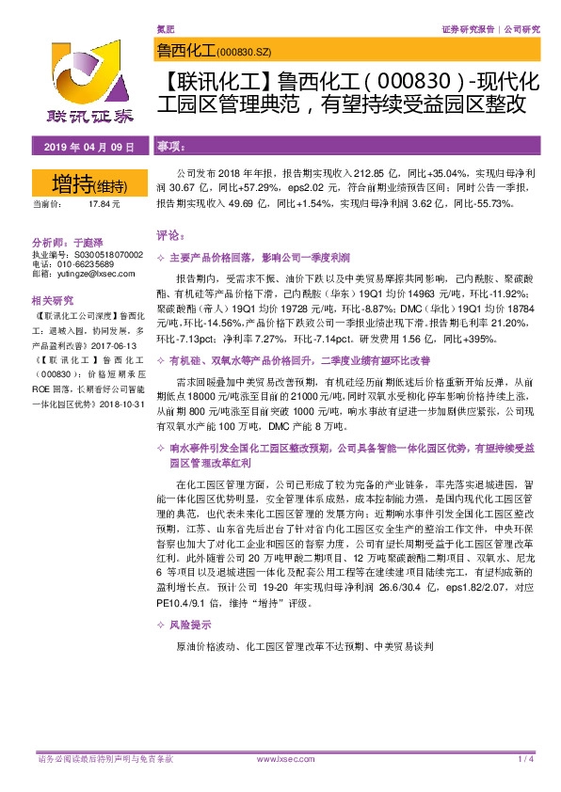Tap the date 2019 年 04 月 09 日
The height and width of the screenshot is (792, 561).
click(79, 147)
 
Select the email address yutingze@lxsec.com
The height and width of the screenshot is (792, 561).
click(93, 274)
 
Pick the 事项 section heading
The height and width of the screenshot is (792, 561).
click(170, 148)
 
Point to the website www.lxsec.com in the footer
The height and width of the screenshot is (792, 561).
click(280, 758)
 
